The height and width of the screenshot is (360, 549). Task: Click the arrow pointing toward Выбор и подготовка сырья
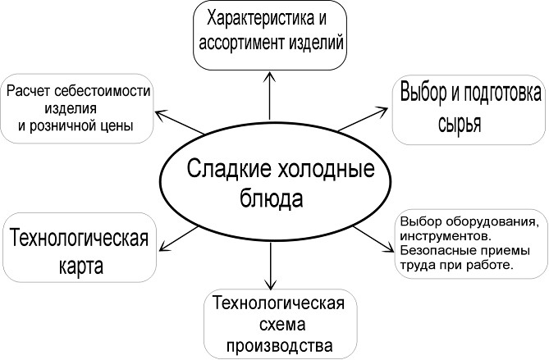(361, 117)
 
